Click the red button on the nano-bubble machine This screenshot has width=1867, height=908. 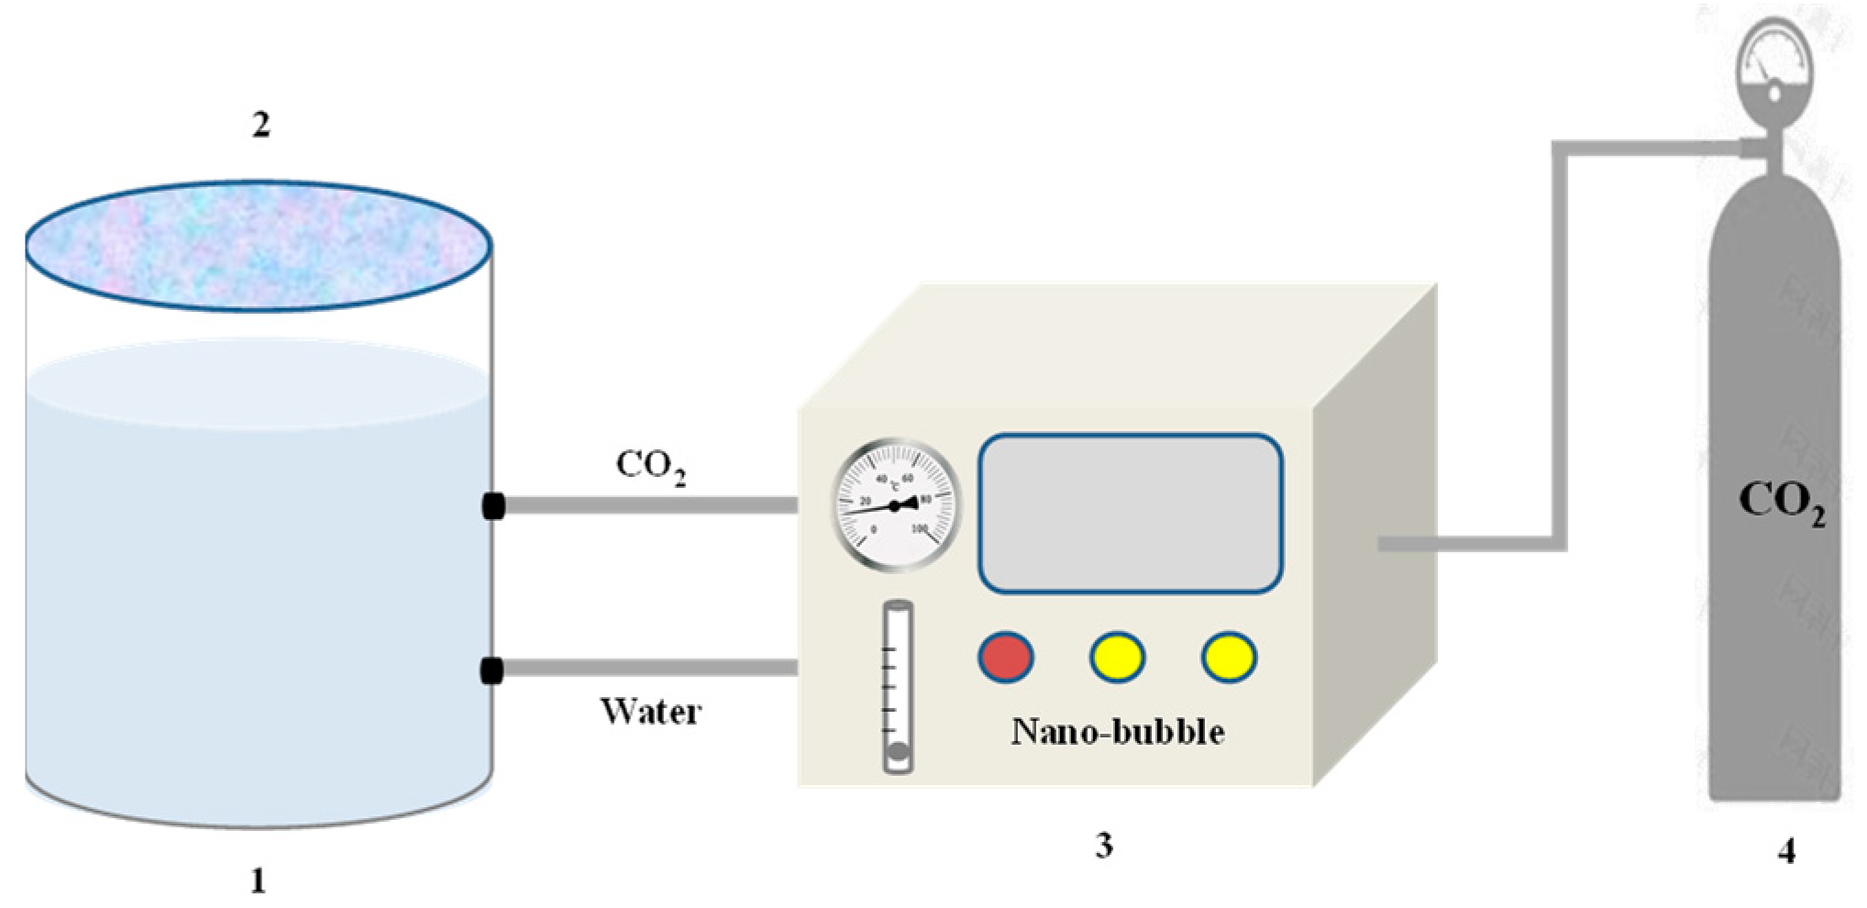pyautogui.click(x=1006, y=657)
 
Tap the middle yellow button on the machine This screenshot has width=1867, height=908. pyautogui.click(x=1117, y=657)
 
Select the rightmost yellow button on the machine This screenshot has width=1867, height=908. pyautogui.click(x=1229, y=657)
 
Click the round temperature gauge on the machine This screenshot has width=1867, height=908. pyautogui.click(x=896, y=505)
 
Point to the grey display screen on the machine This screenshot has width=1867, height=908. pyautogui.click(x=1130, y=514)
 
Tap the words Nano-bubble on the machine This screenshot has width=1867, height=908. pyautogui.click(x=1117, y=732)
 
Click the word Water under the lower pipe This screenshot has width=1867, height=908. pyautogui.click(x=651, y=712)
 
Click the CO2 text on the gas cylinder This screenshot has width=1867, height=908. pyautogui.click(x=1781, y=503)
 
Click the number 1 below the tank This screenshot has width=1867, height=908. pyautogui.click(x=259, y=881)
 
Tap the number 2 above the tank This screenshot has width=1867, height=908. pyautogui.click(x=261, y=125)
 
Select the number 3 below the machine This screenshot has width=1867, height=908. pyautogui.click(x=1104, y=845)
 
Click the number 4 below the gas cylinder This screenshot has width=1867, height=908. pyautogui.click(x=1786, y=852)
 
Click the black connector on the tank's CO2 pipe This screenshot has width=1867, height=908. pyautogui.click(x=493, y=505)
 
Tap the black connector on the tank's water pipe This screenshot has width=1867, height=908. pyautogui.click(x=492, y=671)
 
